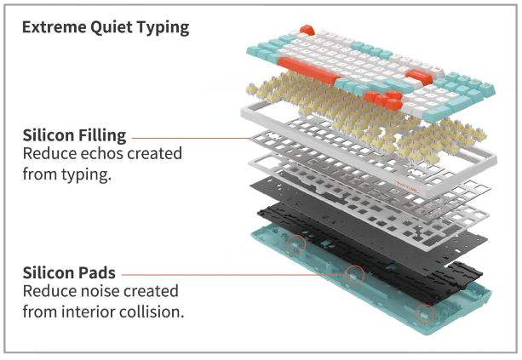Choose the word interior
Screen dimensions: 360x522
pos(89,312)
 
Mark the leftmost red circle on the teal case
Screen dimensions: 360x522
pos(296,244)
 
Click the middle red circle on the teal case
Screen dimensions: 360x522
pos(354,275)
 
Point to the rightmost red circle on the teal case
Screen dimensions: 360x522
pos(422,315)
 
